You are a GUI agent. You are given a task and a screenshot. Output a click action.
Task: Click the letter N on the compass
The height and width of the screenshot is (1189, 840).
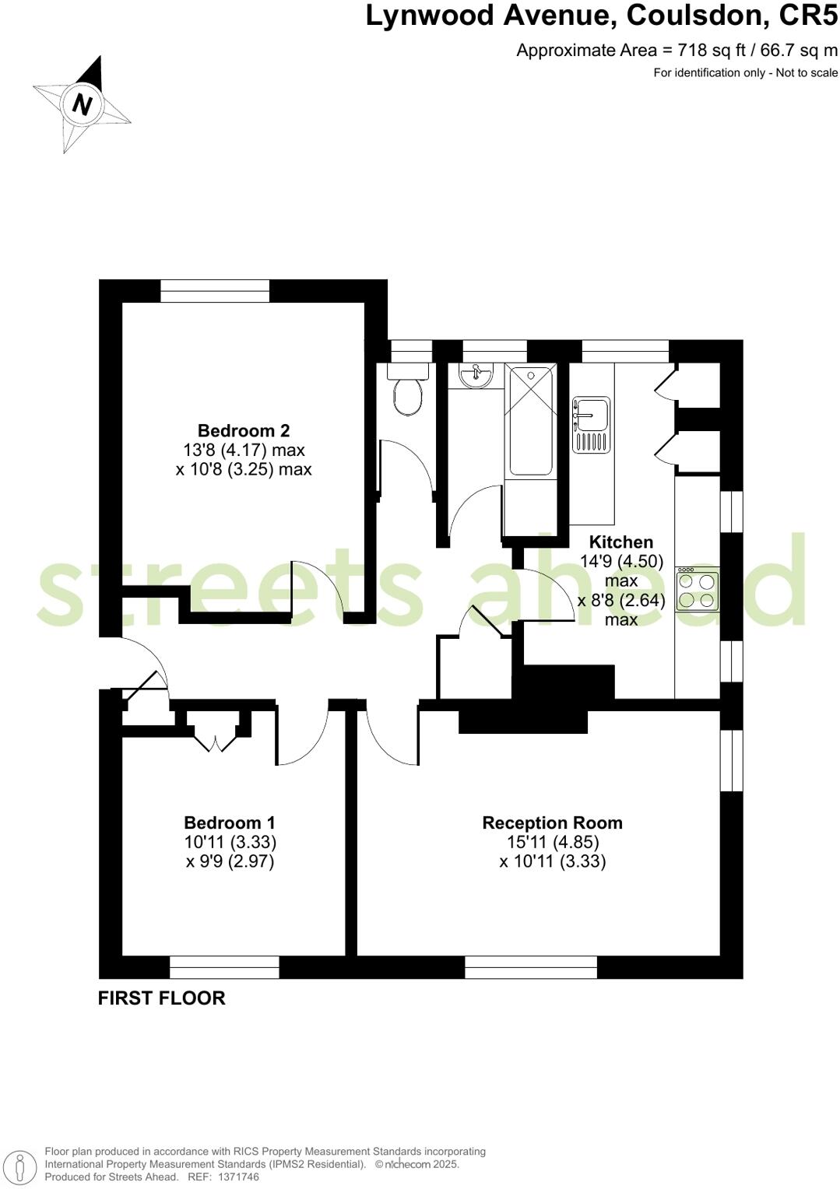[x=82, y=103]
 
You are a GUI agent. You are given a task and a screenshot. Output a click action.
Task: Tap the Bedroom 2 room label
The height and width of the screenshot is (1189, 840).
[x=244, y=430]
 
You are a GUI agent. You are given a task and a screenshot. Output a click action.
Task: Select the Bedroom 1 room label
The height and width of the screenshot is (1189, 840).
[x=230, y=822]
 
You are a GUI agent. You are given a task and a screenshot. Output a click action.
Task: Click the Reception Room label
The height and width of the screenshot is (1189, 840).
[x=552, y=822]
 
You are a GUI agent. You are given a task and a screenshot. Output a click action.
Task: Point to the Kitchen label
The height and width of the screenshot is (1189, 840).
[x=620, y=542]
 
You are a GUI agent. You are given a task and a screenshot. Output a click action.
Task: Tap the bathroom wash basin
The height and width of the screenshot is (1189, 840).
[x=476, y=376]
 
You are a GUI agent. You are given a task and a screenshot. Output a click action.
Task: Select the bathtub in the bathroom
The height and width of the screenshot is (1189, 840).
[x=530, y=421]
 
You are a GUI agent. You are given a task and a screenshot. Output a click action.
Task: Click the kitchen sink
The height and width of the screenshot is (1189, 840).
[x=592, y=424]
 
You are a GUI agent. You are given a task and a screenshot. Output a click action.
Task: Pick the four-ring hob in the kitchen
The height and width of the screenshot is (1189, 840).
[x=698, y=590]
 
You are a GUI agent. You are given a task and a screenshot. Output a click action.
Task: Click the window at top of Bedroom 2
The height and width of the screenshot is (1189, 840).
[x=215, y=291]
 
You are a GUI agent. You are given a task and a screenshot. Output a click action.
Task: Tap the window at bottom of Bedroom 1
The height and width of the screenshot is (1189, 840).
[x=224, y=967]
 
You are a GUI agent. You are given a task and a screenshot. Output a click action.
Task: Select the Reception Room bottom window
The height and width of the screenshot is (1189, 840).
[x=531, y=967]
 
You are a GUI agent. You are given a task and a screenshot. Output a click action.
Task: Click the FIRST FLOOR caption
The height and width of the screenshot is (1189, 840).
[x=161, y=998]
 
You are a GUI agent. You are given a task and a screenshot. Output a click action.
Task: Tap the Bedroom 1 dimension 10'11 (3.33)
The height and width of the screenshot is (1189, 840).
[x=230, y=842]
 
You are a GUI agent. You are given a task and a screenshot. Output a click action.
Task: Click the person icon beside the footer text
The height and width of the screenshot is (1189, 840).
[x=23, y=1166]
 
